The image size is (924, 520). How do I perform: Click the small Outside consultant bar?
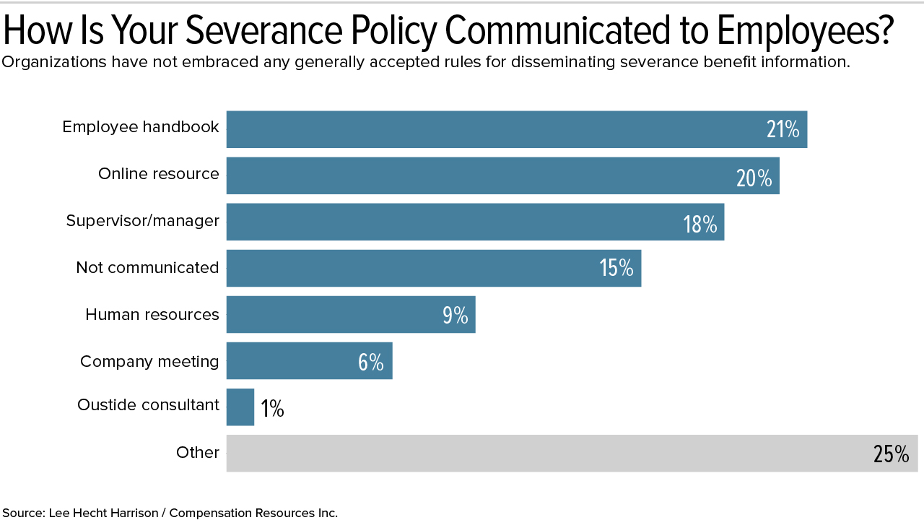pyautogui.click(x=240, y=407)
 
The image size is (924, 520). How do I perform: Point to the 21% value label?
pyautogui.click(x=783, y=130)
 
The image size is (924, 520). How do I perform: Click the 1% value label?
pyautogui.click(x=272, y=409)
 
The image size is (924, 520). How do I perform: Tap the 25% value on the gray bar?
pyautogui.click(x=891, y=454)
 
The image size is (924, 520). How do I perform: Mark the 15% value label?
pyautogui.click(x=616, y=269)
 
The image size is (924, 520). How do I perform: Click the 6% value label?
pyautogui.click(x=370, y=361)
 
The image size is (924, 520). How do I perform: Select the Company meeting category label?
pyautogui.click(x=149, y=361)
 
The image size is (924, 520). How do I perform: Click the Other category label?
pyautogui.click(x=198, y=453)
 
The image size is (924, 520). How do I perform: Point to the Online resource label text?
pyautogui.click(x=159, y=174)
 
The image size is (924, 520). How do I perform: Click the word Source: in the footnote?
pyautogui.click(x=23, y=513)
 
